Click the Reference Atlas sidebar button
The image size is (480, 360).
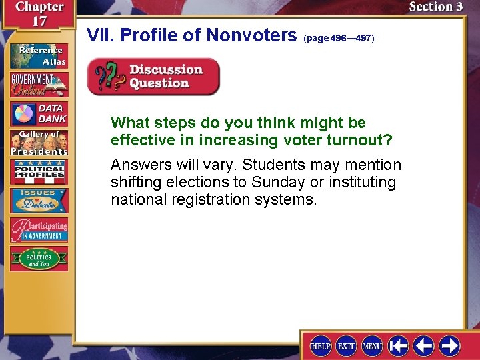point(38,55)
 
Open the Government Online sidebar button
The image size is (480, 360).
point(38,85)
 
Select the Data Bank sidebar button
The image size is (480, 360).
point(38,114)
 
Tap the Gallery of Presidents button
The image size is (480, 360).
point(38,143)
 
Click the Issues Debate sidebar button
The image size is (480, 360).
point(38,201)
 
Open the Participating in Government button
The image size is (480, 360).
point(38,229)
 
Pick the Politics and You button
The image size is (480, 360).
point(38,258)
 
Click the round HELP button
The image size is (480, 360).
point(321,345)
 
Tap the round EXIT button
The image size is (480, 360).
point(347,345)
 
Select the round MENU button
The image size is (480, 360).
point(372,345)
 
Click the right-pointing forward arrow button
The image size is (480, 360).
point(449,345)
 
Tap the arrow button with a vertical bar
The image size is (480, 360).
point(399,345)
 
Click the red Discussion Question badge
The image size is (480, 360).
point(153,77)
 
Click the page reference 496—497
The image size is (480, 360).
point(339,39)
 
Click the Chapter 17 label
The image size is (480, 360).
point(39,14)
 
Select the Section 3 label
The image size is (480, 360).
point(435,7)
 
